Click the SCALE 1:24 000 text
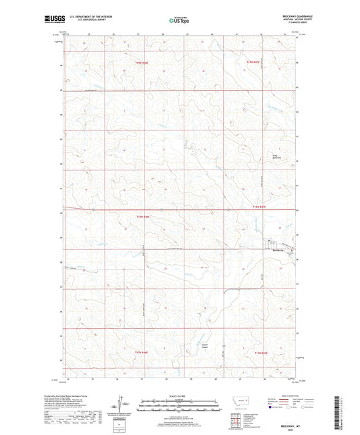(x=178, y=396)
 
